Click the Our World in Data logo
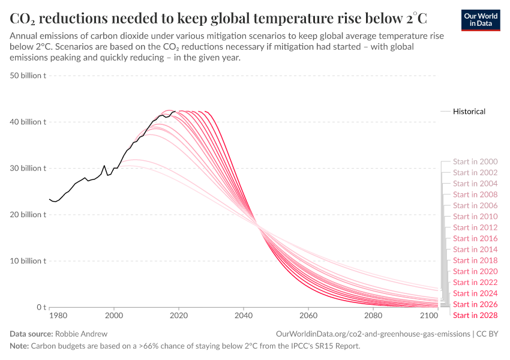[x=481, y=20]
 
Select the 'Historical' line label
[x=469, y=112]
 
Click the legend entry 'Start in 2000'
[x=475, y=162]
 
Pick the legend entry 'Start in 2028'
[x=475, y=315]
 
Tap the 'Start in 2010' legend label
[x=475, y=217]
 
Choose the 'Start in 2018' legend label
[x=475, y=260]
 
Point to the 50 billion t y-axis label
[x=28, y=76]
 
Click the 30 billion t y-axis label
[x=28, y=169]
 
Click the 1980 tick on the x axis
[x=58, y=315]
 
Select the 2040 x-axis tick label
[x=243, y=315]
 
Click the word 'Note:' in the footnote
[x=20, y=346]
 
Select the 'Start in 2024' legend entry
[x=475, y=293]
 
